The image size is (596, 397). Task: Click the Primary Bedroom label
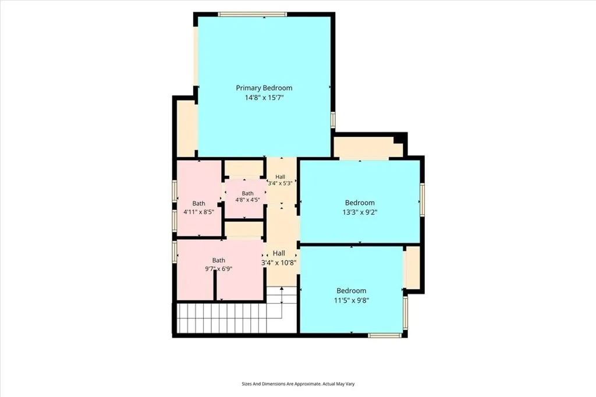point(264,88)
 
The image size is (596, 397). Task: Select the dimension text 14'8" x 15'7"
point(264,98)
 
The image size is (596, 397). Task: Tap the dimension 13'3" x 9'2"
point(360,212)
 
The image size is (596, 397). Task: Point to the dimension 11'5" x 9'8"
point(352,300)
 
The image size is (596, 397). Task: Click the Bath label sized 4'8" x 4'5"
point(247,194)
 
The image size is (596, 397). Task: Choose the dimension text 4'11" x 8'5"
point(199,212)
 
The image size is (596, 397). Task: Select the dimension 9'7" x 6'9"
point(219,269)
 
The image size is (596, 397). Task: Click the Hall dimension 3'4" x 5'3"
point(281,183)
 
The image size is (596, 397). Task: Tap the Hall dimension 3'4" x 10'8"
point(279,263)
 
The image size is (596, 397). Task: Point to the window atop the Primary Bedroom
point(253,15)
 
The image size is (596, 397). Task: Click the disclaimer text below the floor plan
point(298,384)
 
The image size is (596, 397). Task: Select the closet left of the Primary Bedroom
point(186,127)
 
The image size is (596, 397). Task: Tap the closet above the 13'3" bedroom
point(368,147)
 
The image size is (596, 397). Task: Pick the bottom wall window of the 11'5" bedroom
point(385,335)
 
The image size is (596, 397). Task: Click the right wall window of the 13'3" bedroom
point(422,200)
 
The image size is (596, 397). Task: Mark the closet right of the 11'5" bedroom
point(413,267)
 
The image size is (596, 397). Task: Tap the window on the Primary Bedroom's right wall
point(332,119)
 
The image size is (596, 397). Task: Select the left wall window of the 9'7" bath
point(175,251)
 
